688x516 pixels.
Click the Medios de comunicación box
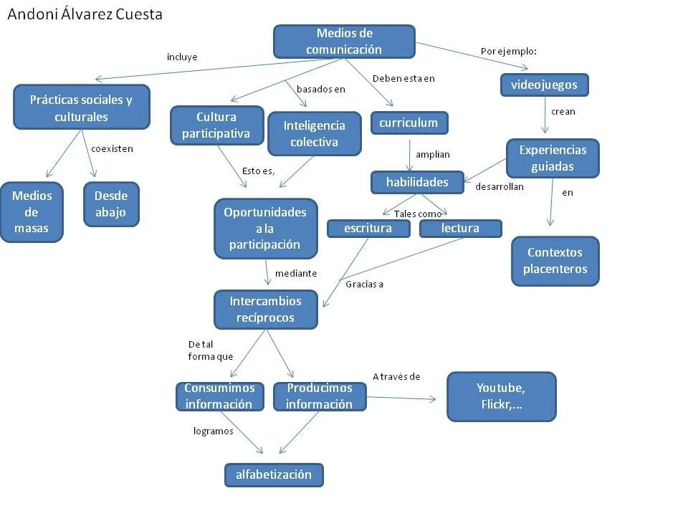(x=344, y=42)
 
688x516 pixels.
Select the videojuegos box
(x=544, y=85)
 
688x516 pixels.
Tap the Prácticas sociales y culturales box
(x=81, y=107)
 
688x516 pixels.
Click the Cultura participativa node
(x=216, y=125)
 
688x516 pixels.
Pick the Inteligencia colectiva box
(x=314, y=133)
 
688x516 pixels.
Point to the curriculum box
(x=408, y=123)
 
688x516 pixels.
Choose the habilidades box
(x=417, y=182)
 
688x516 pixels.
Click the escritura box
(x=368, y=229)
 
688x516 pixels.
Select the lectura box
(x=460, y=229)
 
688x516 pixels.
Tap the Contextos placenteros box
(x=555, y=261)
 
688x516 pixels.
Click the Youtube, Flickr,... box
(x=501, y=396)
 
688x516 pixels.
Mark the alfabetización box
(x=274, y=474)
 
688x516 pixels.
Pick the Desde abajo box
(x=111, y=204)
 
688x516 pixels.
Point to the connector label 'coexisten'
(x=112, y=149)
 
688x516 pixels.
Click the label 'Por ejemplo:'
(x=509, y=52)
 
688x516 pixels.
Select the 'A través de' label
(x=396, y=376)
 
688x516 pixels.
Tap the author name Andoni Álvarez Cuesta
(x=85, y=14)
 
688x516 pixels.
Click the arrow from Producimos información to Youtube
(x=401, y=398)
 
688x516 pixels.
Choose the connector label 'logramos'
(x=213, y=431)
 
